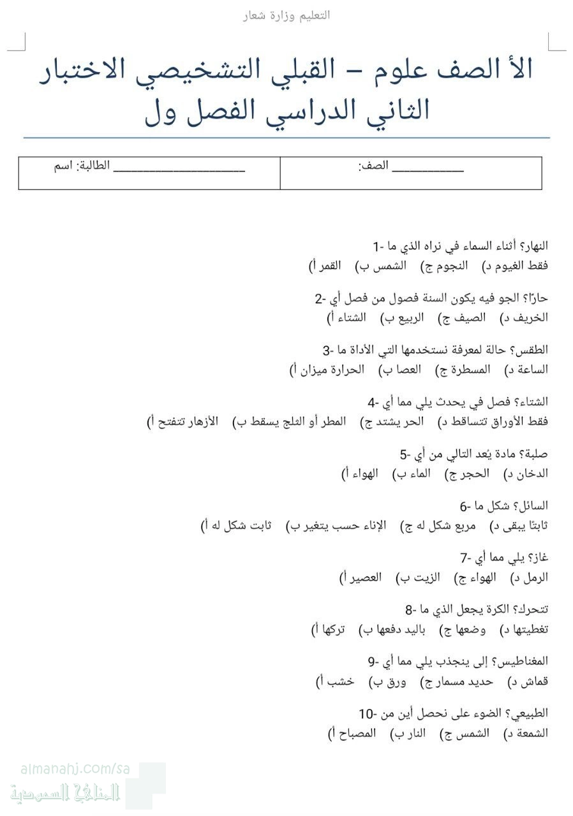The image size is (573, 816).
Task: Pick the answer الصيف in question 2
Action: tap(473, 317)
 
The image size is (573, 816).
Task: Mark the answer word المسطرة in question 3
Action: tap(475, 369)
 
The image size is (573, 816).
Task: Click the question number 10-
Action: tap(368, 713)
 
